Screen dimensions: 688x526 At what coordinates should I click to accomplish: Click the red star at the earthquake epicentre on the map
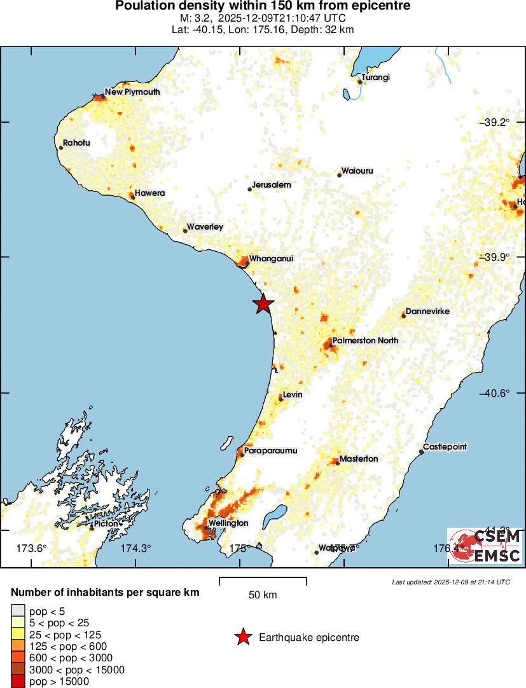[263, 304]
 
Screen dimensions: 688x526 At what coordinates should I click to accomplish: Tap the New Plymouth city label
[132, 92]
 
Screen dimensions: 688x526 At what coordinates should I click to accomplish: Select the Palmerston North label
[365, 341]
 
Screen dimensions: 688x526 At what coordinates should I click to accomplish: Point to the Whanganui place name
[271, 259]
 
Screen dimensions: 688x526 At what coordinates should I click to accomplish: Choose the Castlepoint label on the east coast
[445, 447]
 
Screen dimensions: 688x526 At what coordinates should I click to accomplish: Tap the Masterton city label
[359, 459]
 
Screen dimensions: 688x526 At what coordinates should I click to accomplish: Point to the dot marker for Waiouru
[340, 175]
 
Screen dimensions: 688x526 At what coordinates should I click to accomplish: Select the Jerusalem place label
[272, 185]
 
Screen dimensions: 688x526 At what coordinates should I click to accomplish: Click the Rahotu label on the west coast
[76, 143]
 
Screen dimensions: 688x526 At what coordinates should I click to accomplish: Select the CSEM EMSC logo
[485, 546]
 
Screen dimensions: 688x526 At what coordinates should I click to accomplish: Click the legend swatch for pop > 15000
[18, 682]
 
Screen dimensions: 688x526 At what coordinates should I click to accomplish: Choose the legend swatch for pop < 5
[18, 611]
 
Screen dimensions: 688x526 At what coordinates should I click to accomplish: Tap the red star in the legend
[242, 637]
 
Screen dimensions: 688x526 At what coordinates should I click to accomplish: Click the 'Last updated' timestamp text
[451, 582]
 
